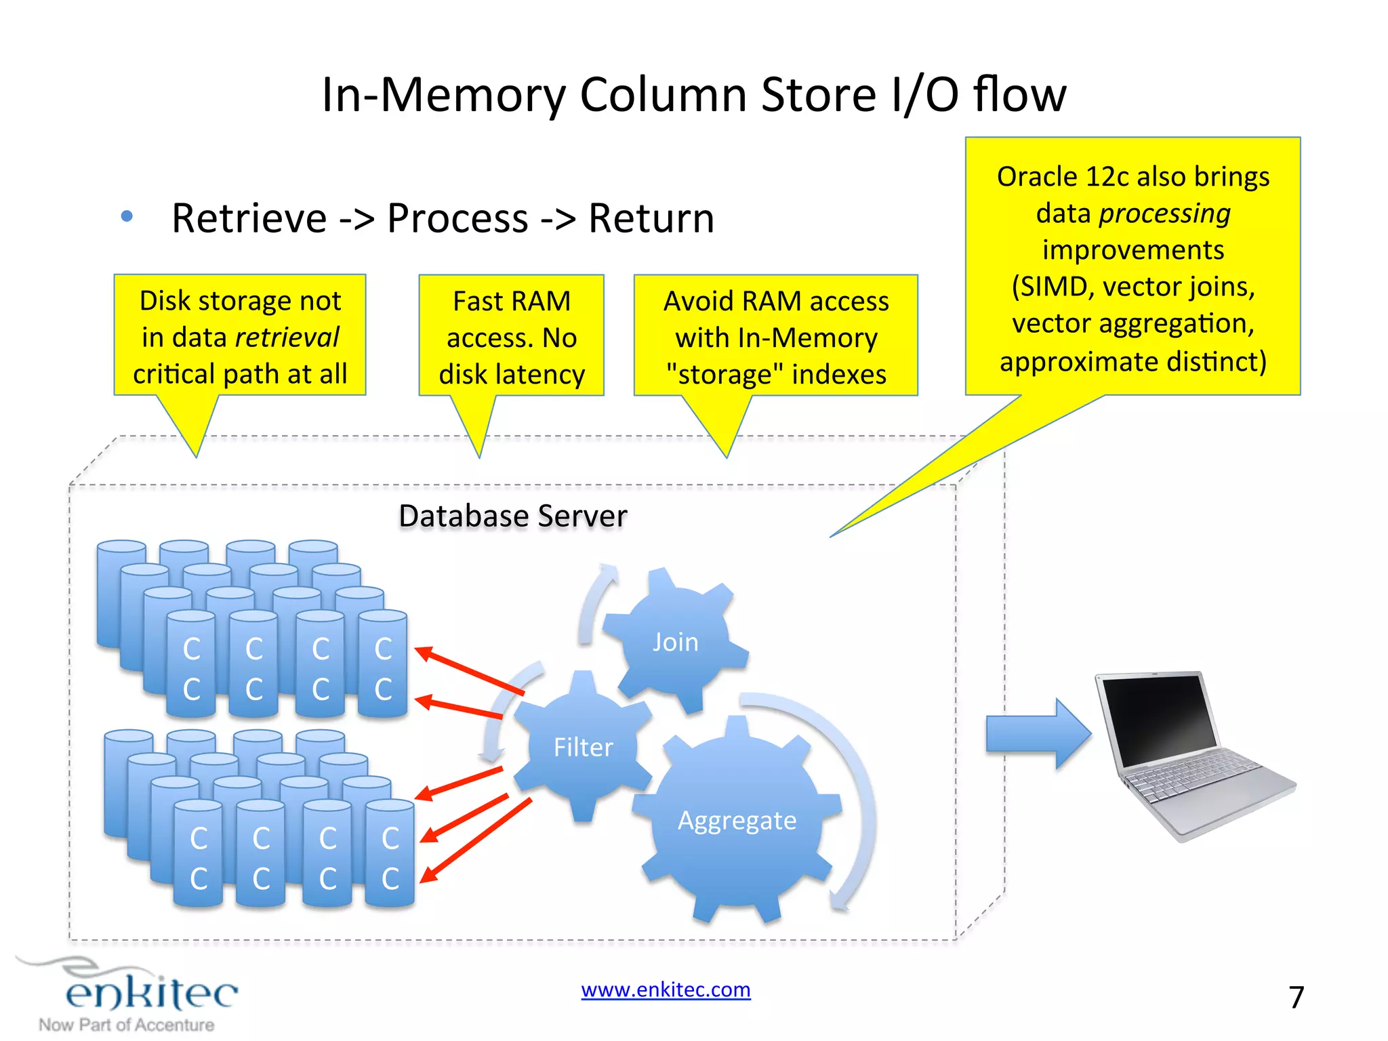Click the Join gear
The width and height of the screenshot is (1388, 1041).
[x=674, y=641]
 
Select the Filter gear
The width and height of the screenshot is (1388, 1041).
[x=583, y=747]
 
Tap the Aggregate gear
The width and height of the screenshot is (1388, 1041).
[x=737, y=820]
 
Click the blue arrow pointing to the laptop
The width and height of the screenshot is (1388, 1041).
[x=1037, y=734]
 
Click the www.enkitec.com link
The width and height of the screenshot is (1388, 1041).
[x=666, y=989]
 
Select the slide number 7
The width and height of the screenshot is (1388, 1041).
[x=1296, y=997]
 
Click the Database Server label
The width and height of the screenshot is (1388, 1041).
[x=513, y=516]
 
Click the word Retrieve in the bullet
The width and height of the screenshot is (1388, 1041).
[x=249, y=218]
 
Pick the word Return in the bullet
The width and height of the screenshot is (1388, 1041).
[x=651, y=218]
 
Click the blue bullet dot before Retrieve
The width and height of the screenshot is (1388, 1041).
[x=127, y=217]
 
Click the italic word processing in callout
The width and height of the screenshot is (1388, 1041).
[x=1164, y=213]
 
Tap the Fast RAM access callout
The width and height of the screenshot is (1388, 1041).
[x=512, y=337]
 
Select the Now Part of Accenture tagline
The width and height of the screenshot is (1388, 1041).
[x=127, y=1025]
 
